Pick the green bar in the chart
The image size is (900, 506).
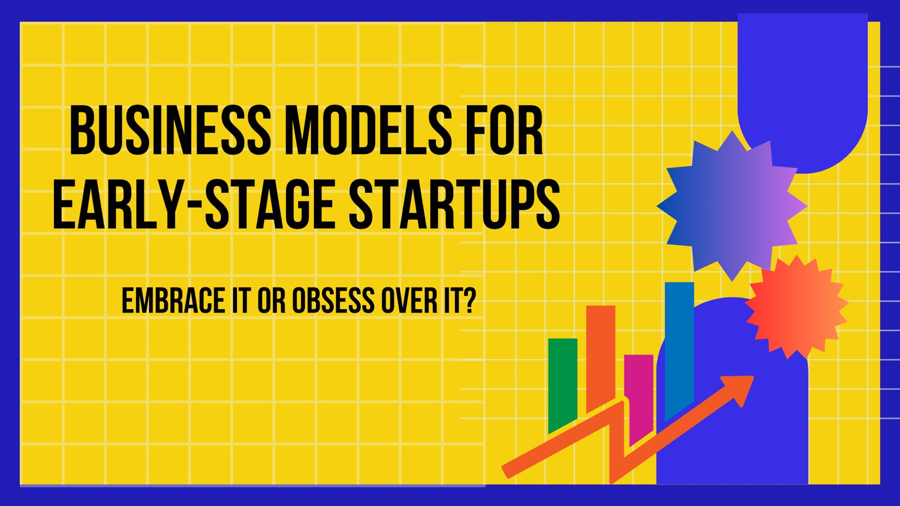(562, 382)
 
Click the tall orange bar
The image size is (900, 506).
(600, 354)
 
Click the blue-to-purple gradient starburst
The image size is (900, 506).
(732, 206)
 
